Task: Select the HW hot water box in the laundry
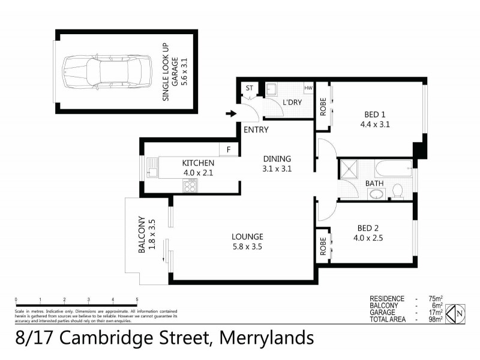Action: click(308, 88)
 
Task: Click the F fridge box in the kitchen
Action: click(229, 149)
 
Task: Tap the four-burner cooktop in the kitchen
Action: click(190, 186)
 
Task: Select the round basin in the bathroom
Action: click(377, 193)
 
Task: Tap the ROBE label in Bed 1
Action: click(323, 106)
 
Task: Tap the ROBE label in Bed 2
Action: click(323, 246)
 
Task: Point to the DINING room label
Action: click(277, 159)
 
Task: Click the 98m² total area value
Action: click(435, 319)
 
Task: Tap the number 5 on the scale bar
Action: click(137, 299)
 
